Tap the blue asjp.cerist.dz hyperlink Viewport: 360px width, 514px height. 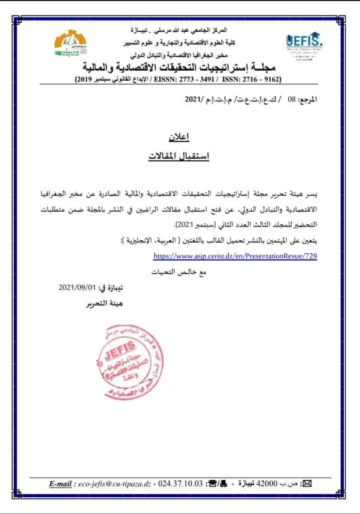235,255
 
